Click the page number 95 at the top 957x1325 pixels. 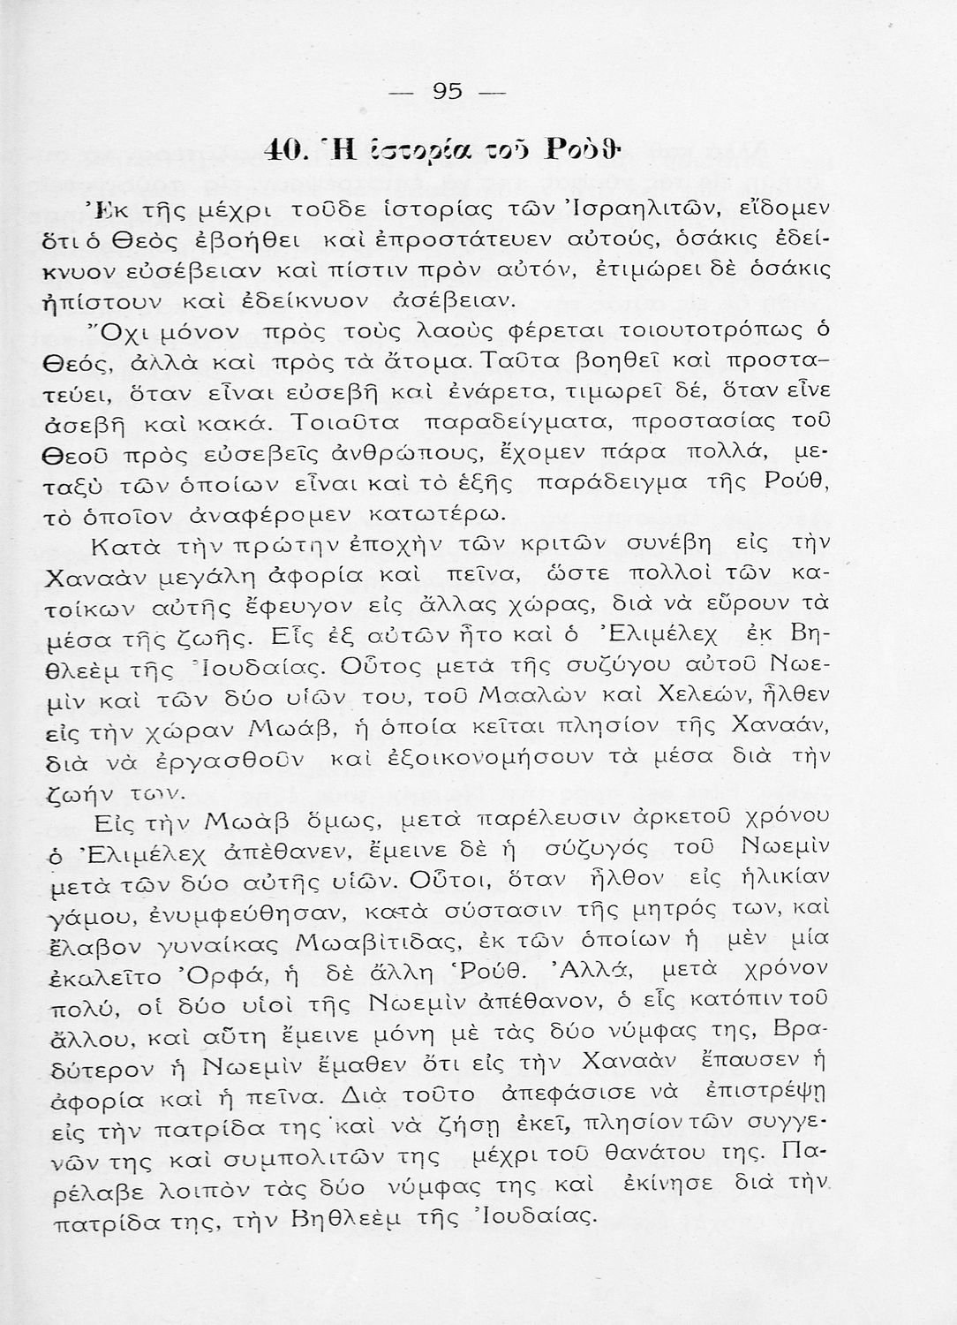448,90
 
